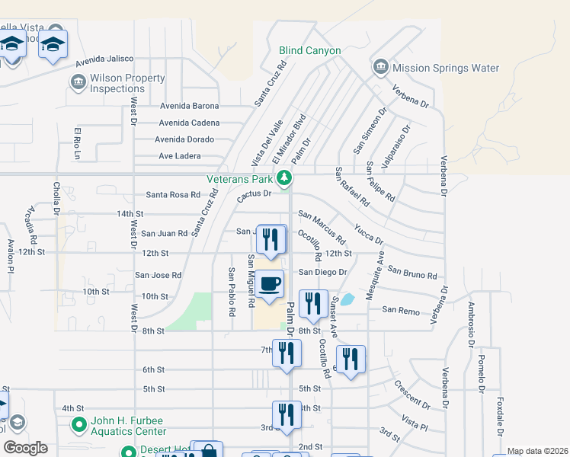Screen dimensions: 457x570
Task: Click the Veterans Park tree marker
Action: (x=284, y=179)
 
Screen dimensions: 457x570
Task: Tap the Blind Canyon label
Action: (x=309, y=50)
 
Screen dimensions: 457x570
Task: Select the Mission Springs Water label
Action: (x=445, y=68)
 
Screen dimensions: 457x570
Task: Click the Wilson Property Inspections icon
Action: (x=77, y=81)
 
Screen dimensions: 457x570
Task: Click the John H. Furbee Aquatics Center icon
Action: (x=77, y=424)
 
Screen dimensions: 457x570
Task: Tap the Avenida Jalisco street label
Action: (x=103, y=59)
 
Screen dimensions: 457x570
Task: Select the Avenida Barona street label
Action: (x=189, y=107)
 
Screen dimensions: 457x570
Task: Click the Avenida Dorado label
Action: (x=184, y=139)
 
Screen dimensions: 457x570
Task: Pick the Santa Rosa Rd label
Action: (x=172, y=195)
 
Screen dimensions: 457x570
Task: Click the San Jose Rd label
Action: (x=159, y=275)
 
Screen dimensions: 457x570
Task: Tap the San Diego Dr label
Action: (x=322, y=272)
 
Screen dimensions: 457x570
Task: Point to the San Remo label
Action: (x=400, y=310)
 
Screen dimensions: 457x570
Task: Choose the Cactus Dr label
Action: (x=254, y=194)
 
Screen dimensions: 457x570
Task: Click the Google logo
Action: (x=24, y=448)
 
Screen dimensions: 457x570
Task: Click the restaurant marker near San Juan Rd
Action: (x=270, y=239)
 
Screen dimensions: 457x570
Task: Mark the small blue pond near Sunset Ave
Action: (x=347, y=299)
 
